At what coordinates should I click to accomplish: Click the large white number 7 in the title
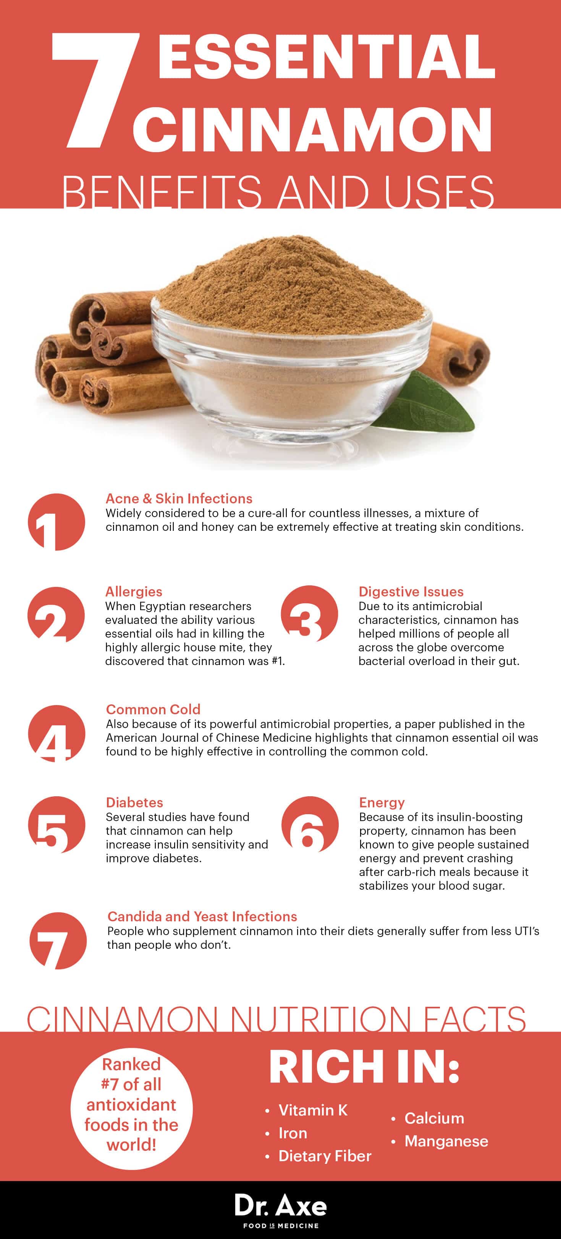[x=94, y=92]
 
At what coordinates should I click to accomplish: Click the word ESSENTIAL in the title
[x=326, y=56]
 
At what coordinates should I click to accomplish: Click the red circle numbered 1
[x=57, y=522]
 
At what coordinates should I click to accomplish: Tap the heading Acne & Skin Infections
[x=179, y=498]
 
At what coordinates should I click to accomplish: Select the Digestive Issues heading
[x=411, y=591]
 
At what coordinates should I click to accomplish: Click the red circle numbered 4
[x=57, y=733]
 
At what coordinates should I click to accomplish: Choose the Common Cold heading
[x=153, y=709]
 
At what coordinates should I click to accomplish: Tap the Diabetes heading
[x=134, y=802]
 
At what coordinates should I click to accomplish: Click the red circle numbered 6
[x=310, y=824]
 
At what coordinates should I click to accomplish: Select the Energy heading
[x=382, y=802]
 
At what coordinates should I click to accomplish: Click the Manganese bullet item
[x=446, y=1141]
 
